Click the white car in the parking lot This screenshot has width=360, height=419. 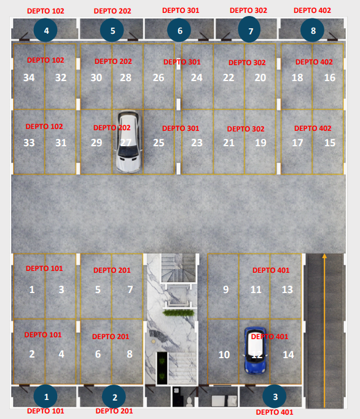click(x=128, y=141)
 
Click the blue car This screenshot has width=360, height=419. click(x=255, y=350)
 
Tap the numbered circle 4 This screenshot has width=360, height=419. click(x=45, y=30)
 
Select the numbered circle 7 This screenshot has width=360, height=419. click(x=249, y=29)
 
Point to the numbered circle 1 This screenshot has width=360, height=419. click(x=45, y=396)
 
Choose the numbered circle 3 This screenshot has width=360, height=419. click(x=275, y=396)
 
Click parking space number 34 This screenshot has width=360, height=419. click(x=29, y=77)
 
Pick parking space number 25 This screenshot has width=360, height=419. click(x=158, y=143)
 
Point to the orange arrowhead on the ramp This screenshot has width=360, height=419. click(x=324, y=256)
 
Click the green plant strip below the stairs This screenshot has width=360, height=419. click(x=179, y=313)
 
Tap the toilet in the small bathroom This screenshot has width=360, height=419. click(x=189, y=401)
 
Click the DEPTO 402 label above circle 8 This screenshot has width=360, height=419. click(x=312, y=10)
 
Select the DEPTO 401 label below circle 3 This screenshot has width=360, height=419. click(x=275, y=412)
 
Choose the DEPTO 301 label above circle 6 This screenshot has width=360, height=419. click(x=181, y=10)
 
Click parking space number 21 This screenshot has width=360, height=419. click(x=229, y=143)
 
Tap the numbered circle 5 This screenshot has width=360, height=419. click(x=112, y=30)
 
